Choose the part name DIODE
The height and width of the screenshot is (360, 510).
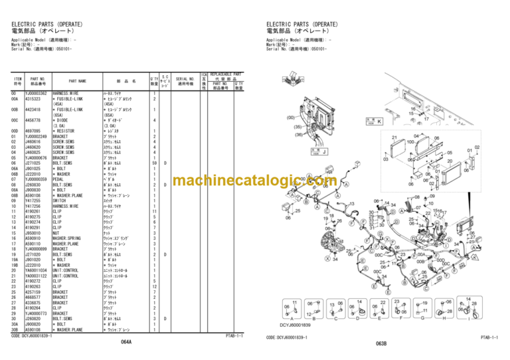(62, 121)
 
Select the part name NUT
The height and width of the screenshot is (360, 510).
(57, 233)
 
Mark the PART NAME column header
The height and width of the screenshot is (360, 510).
(78, 81)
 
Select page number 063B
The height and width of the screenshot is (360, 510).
(381, 343)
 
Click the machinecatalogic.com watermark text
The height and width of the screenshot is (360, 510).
(254, 181)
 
